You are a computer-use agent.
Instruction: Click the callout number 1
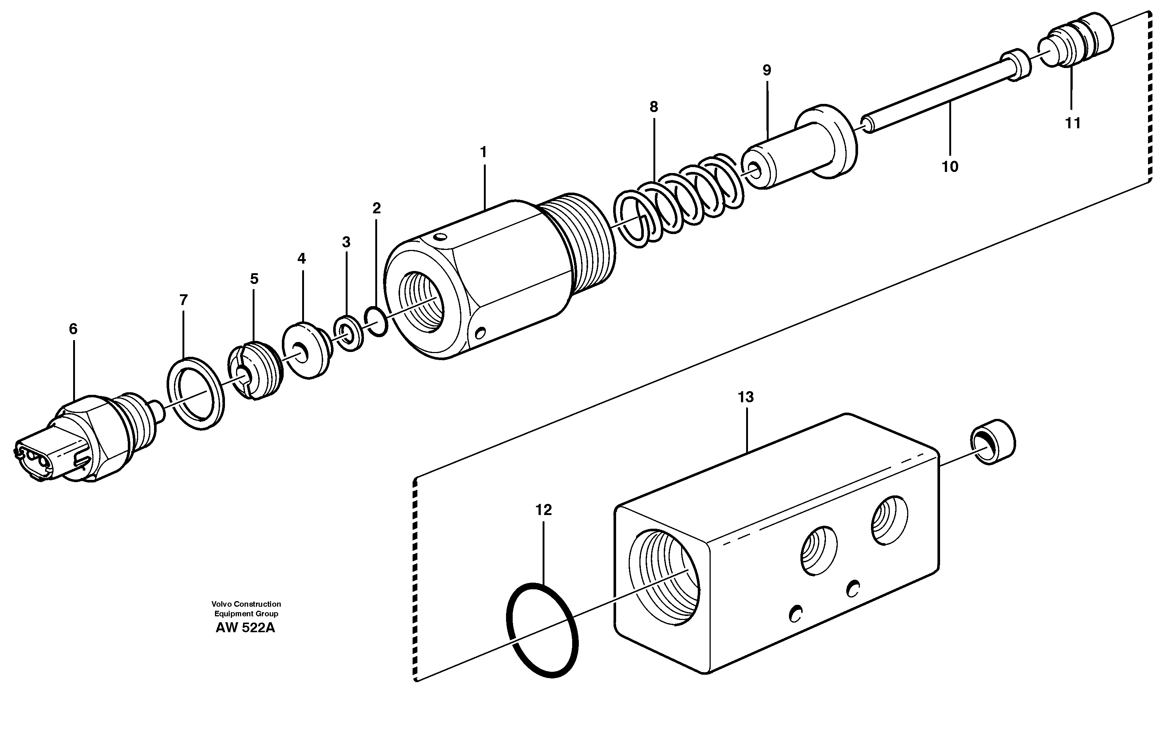click(x=483, y=153)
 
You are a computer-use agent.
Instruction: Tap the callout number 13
click(x=745, y=397)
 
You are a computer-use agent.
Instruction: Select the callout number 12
click(x=543, y=510)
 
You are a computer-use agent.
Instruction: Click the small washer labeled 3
click(x=348, y=335)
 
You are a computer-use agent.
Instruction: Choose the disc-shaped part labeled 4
click(x=306, y=350)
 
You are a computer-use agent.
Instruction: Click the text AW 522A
click(x=245, y=628)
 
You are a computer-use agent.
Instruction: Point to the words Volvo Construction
click(x=246, y=604)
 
